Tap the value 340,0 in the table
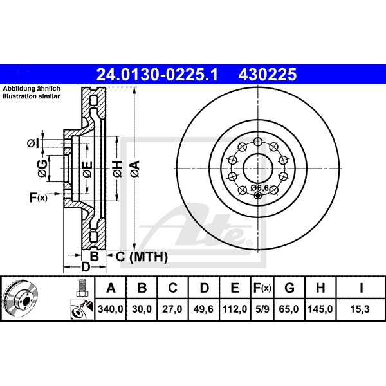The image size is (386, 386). click(x=110, y=309)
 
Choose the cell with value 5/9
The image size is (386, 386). click(x=262, y=309)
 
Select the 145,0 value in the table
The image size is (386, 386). click(x=320, y=309)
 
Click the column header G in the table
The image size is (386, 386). click(x=289, y=287)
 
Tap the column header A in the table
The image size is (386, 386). click(x=110, y=287)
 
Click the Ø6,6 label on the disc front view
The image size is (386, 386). click(x=259, y=188)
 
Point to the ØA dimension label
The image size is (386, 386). click(x=134, y=169)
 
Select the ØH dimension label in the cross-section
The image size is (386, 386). click(x=117, y=169)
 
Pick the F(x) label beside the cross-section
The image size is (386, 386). click(x=38, y=198)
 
